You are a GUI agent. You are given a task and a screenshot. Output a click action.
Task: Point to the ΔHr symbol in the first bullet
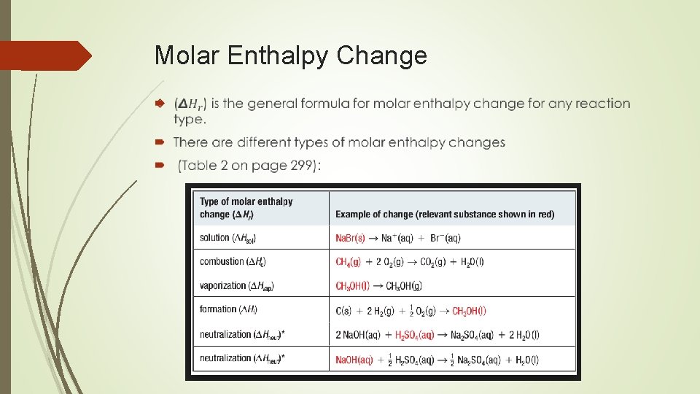(190, 104)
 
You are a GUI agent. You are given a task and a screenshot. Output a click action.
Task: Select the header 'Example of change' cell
(444, 215)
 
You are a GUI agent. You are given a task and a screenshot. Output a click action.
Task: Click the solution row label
(227, 238)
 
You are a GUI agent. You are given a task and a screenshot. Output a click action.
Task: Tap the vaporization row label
(236, 285)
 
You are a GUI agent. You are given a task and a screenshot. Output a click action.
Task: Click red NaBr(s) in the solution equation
(350, 238)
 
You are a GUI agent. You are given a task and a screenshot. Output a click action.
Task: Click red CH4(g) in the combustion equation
(351, 261)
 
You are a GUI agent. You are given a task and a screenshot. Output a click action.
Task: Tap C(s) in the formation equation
(343, 311)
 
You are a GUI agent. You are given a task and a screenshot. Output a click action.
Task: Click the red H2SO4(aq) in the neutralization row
(414, 335)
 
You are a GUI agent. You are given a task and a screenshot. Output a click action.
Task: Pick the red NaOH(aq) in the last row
(354, 360)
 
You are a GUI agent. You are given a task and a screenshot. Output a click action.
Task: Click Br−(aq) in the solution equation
(446, 238)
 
